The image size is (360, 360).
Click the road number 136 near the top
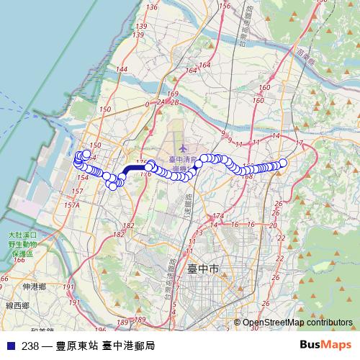(151, 6)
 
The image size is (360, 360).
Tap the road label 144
(121, 69)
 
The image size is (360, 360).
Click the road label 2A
(161, 103)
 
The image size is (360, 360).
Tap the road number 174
(219, 216)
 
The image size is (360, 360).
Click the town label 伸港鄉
(34, 287)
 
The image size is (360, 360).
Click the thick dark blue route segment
(134, 168)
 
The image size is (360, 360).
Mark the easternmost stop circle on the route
(283, 163)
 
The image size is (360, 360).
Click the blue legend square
(9, 346)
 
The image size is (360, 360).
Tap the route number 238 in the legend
(30, 346)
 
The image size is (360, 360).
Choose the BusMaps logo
(325, 345)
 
